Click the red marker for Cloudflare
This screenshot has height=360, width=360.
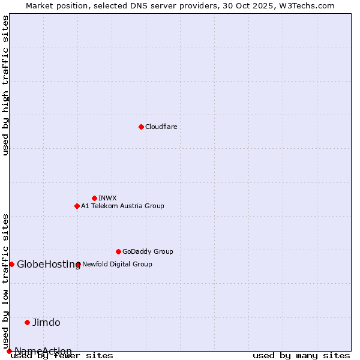click(x=141, y=127)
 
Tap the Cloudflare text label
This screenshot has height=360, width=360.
click(x=161, y=127)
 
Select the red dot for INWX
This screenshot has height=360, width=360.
click(x=94, y=198)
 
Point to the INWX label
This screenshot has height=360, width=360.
click(x=107, y=198)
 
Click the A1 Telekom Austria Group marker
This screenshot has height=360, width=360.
click(x=77, y=206)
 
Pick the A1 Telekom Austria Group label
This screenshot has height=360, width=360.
click(x=122, y=206)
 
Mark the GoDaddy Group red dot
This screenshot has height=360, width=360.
click(x=118, y=251)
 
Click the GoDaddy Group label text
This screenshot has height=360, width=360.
click(x=148, y=251)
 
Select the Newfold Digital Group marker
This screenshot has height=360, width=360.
click(x=78, y=264)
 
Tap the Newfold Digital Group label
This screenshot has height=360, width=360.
click(x=117, y=264)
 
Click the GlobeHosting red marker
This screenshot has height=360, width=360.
click(x=11, y=264)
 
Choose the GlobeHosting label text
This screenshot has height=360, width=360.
click(x=49, y=264)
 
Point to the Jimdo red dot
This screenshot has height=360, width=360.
click(x=27, y=322)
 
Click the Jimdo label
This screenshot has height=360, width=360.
click(x=46, y=322)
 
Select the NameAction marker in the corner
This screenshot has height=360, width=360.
click(x=9, y=351)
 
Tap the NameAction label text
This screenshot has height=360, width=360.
click(x=43, y=351)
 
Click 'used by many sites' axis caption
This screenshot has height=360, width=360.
click(x=301, y=356)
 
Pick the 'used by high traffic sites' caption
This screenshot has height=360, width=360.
click(x=6, y=85)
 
